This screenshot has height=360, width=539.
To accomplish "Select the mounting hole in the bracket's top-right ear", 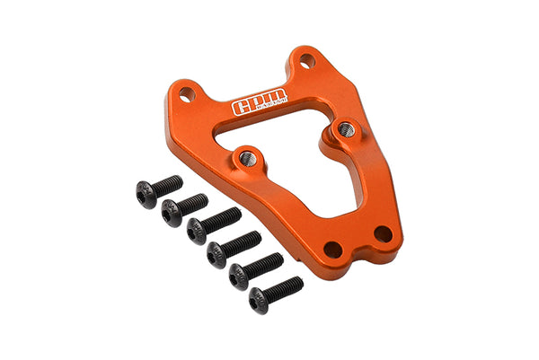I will point(307,61).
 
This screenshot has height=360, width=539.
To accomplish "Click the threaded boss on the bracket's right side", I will point(347,130).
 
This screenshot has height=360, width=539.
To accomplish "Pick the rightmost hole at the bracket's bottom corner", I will point(383,234).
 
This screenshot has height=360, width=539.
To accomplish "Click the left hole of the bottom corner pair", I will point(333,250).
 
